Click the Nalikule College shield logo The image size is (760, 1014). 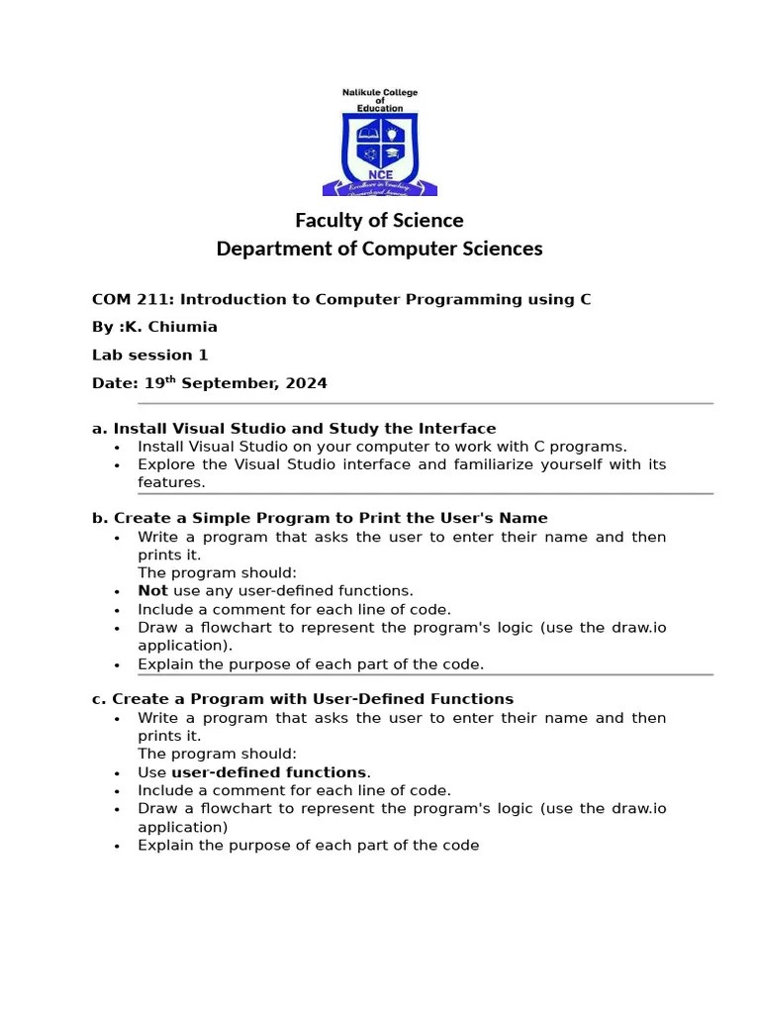379,149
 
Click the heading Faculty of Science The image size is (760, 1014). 379,220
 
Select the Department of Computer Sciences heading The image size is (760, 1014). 379,249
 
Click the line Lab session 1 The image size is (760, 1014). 149,355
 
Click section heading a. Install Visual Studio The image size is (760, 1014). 294,429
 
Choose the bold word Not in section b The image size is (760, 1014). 152,591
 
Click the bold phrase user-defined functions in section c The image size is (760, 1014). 268,772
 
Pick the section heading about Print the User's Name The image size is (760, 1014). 320,518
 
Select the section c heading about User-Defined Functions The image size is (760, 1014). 303,699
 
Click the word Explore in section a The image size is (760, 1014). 166,464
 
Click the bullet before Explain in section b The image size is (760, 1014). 117,665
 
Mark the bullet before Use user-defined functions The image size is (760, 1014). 117,773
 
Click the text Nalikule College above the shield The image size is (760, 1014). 380,93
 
